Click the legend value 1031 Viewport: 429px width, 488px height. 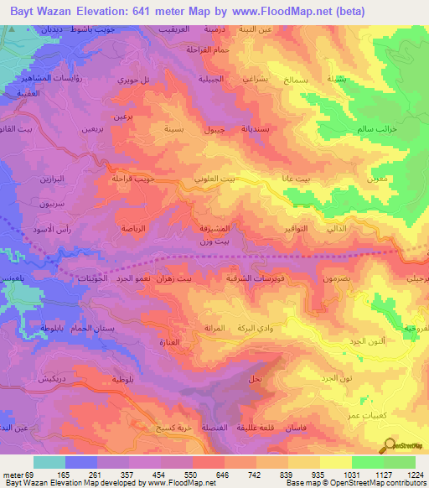pyautogui.click(x=352, y=474)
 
